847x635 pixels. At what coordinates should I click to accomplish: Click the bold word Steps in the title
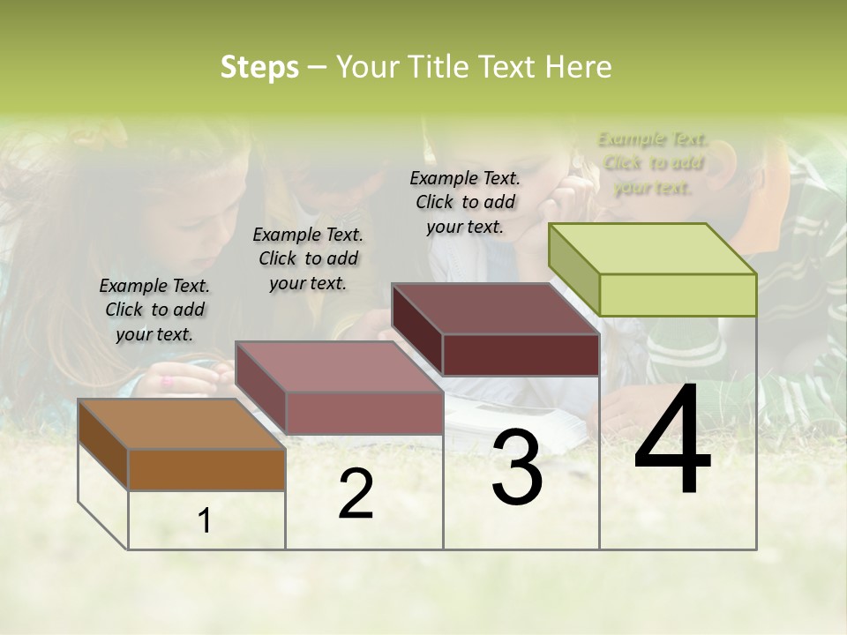click(259, 67)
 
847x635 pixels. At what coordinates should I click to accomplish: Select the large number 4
click(672, 440)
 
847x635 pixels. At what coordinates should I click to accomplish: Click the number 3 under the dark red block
click(517, 467)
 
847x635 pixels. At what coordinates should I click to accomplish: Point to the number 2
click(356, 494)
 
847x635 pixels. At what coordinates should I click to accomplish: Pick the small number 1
click(205, 521)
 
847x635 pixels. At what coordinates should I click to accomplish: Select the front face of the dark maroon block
click(521, 355)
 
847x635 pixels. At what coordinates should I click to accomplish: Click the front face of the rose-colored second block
click(364, 413)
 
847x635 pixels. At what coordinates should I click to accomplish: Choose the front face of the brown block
click(206, 469)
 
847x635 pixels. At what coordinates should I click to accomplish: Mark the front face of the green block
click(678, 295)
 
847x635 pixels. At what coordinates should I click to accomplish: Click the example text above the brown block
click(154, 310)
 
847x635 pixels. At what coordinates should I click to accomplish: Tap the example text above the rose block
click(308, 258)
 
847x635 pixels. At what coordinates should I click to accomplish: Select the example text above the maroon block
click(465, 202)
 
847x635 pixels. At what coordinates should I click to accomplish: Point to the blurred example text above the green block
click(653, 163)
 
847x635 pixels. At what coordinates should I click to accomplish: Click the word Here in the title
click(578, 67)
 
